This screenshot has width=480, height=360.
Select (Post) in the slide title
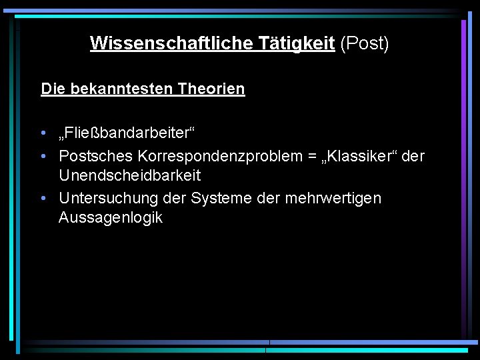pyautogui.click(x=364, y=43)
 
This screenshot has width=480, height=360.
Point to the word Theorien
pyautogui.click(x=211, y=89)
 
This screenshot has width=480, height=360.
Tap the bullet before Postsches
pyautogui.click(x=43, y=156)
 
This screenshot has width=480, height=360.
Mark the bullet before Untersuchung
pyautogui.click(x=43, y=198)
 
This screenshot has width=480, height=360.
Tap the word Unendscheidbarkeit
pyautogui.click(x=129, y=176)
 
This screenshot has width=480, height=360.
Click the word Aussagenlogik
pyautogui.click(x=110, y=218)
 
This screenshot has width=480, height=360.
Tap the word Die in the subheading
pyautogui.click(x=51, y=89)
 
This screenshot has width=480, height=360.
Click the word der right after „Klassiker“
pyautogui.click(x=413, y=156)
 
